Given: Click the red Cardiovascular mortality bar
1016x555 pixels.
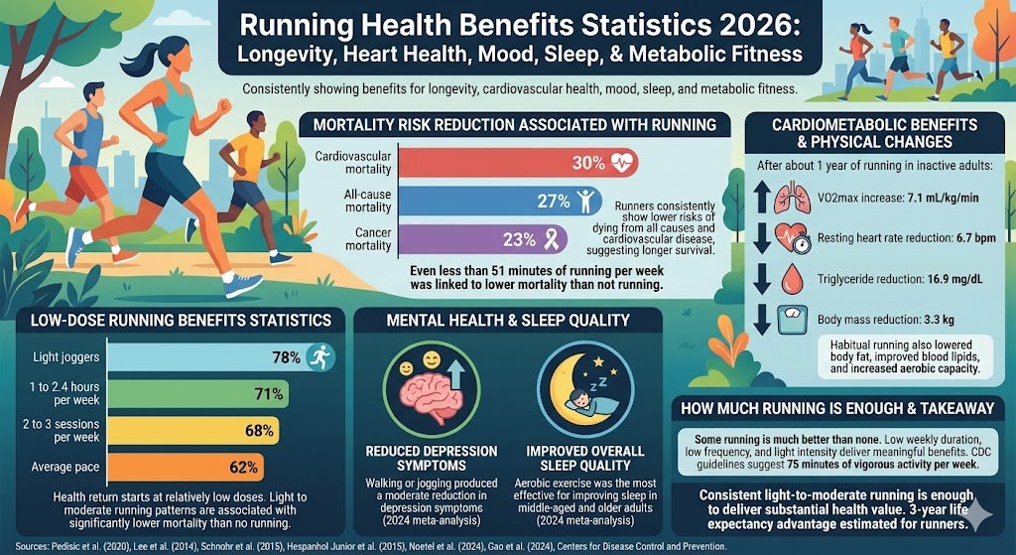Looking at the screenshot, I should point(476,162).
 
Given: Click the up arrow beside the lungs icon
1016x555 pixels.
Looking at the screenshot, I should point(756,199).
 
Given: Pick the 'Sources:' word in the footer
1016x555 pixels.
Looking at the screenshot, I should point(34,546).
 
